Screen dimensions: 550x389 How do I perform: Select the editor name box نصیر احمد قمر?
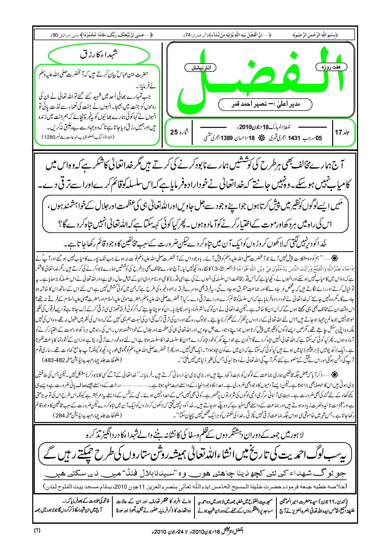265,104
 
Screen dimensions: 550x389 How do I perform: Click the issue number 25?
174,132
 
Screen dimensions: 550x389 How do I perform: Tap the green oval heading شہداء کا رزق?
99,55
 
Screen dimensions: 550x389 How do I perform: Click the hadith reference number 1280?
49,137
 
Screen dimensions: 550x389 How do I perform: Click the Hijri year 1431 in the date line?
294,138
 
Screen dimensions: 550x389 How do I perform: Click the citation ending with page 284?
88,415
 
